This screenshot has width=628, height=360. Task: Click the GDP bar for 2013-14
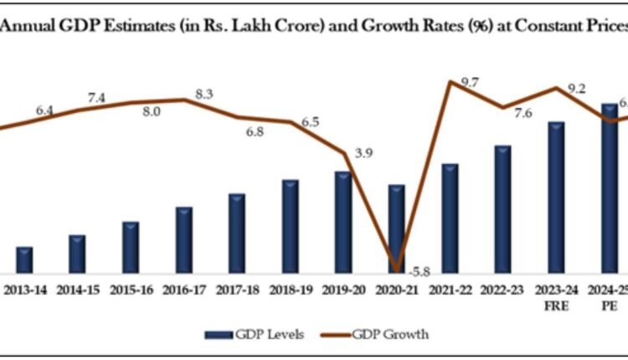tap(24, 260)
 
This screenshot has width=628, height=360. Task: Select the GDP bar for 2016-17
tap(184, 240)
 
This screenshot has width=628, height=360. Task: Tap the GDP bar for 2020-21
tap(396, 229)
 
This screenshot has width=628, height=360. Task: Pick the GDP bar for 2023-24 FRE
tap(555, 198)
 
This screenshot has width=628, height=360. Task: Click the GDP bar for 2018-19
tap(291, 226)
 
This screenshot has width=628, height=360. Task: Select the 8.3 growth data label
tap(203, 95)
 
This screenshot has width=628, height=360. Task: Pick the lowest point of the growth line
tap(396, 269)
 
